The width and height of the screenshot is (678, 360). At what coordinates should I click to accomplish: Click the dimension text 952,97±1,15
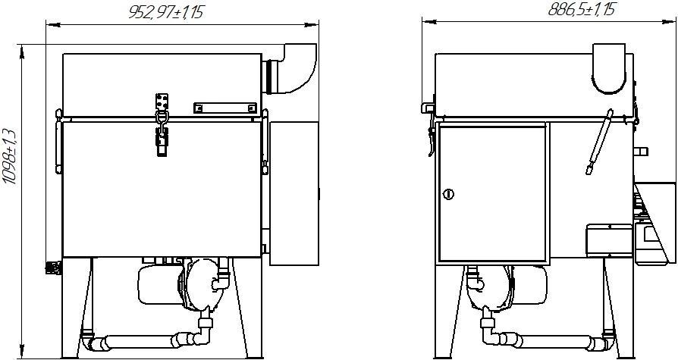165,13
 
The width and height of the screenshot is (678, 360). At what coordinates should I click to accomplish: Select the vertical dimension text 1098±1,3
10,156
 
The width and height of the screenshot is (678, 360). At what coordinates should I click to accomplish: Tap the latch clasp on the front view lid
162,124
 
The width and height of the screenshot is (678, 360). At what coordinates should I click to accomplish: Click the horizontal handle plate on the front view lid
224,108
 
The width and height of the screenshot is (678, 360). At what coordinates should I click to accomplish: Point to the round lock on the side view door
449,195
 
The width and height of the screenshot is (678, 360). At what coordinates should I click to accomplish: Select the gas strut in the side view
599,142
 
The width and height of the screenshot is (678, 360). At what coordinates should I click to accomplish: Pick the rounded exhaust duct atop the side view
608,68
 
